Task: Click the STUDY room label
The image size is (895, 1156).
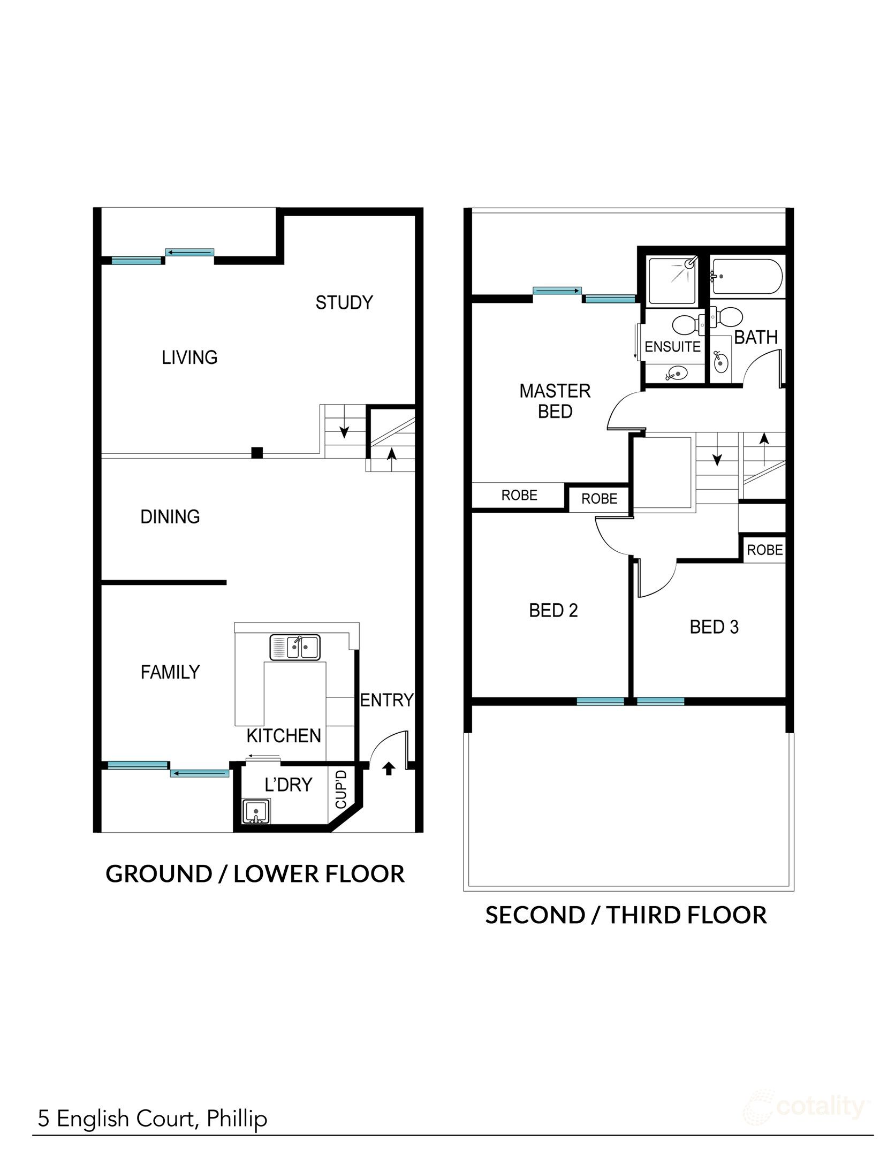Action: [344, 303]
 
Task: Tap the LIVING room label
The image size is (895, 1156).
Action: [189, 358]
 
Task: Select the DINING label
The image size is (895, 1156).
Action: [170, 517]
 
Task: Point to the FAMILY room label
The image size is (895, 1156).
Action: [170, 672]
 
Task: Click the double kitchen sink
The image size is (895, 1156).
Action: [295, 647]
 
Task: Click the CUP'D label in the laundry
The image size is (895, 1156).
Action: [341, 789]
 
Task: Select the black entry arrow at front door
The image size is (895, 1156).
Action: [389, 769]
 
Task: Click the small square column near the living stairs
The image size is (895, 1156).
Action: [257, 453]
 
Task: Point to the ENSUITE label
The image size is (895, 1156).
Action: [672, 347]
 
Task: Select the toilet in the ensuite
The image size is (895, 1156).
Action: [687, 324]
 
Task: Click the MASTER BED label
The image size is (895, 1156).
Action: [555, 401]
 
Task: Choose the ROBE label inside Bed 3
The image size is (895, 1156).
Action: [764, 550]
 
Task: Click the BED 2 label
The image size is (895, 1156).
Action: [553, 611]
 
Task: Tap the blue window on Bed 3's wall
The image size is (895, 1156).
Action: [661, 701]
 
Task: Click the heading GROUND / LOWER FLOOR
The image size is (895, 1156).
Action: [255, 874]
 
